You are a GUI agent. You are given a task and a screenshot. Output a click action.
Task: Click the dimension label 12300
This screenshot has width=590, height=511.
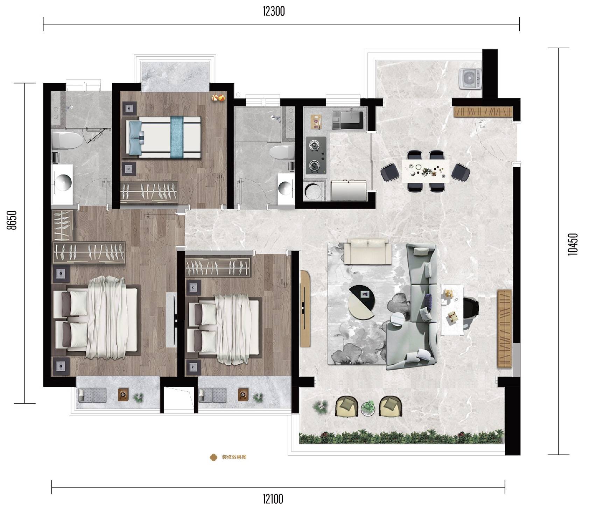(x=274, y=12)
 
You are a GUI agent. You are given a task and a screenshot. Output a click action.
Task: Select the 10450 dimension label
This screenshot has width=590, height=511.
(x=573, y=244)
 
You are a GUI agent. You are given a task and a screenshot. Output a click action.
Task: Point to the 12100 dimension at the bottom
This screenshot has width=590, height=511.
(x=273, y=499)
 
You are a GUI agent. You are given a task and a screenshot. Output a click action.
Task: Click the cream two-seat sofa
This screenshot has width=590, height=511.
(x=366, y=251)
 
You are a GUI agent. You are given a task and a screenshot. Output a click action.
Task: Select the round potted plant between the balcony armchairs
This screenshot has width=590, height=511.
(x=368, y=408)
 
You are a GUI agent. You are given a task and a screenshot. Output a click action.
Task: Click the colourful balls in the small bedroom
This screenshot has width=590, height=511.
(x=218, y=98)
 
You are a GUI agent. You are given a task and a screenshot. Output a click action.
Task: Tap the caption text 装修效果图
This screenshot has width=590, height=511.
(x=234, y=457)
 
